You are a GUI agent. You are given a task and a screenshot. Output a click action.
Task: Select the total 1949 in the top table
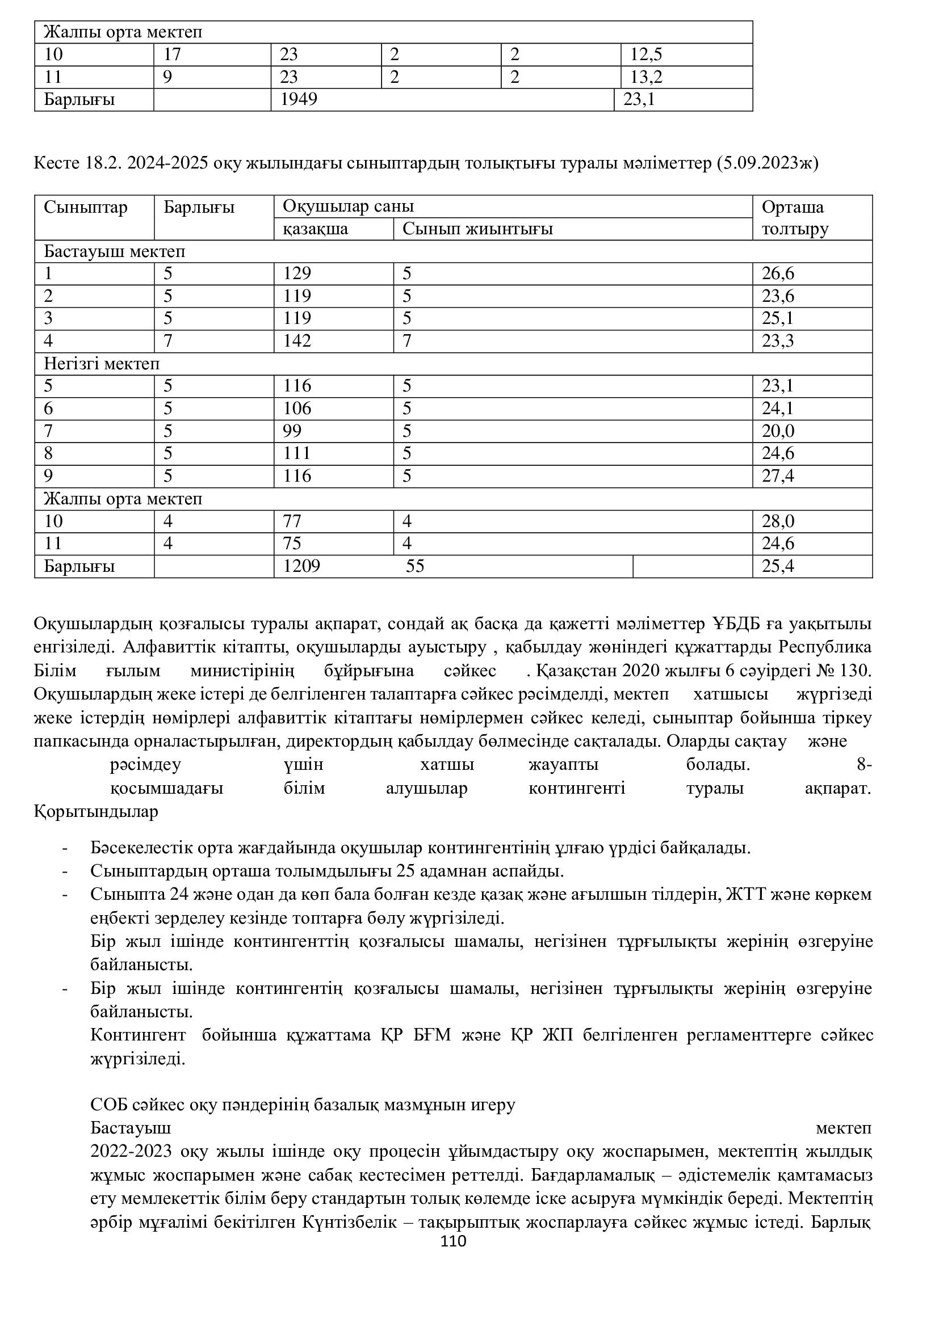(299, 100)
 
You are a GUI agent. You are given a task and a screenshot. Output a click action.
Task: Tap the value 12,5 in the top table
(646, 55)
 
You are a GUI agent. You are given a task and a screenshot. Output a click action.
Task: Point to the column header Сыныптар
(86, 208)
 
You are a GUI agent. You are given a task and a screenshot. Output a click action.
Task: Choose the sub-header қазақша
(315, 229)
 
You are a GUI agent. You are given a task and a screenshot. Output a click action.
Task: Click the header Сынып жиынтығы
(477, 229)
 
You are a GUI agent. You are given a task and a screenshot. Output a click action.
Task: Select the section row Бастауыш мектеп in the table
(115, 252)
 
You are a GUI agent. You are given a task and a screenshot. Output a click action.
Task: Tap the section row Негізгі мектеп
(102, 364)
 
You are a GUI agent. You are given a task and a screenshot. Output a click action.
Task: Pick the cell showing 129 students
(296, 274)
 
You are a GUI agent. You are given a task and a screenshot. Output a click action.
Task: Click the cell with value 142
(296, 342)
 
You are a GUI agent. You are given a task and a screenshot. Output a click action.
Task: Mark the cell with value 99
(292, 431)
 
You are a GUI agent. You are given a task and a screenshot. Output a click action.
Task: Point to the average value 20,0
(778, 431)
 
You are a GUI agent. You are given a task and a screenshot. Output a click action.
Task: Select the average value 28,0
(778, 521)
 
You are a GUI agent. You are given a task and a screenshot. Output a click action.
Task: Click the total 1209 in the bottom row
(301, 566)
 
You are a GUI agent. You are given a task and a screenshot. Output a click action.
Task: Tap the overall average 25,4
(778, 566)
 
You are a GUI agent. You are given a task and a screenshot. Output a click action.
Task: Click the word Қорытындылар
(96, 811)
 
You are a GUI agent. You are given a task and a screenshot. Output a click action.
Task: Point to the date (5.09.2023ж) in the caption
(768, 163)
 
